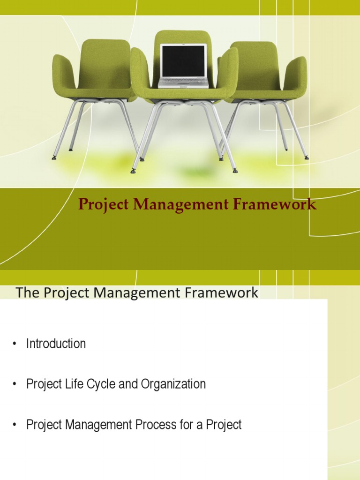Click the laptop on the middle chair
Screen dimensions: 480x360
coord(183,66)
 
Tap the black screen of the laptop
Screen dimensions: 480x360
coord(183,61)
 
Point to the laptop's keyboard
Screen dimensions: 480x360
coord(183,82)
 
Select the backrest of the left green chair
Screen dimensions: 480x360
coord(106,61)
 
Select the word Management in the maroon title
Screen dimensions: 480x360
coord(180,205)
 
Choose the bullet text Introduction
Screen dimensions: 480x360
coord(56,344)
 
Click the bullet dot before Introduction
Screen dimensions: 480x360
coord(15,344)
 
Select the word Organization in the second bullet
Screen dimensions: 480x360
coord(178,384)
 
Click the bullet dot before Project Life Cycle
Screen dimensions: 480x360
coord(15,385)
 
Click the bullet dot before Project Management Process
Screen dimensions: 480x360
coord(15,426)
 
